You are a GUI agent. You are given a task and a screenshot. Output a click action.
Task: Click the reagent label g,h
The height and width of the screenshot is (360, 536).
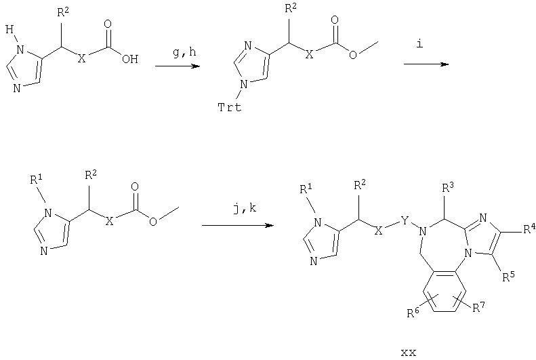(184, 53)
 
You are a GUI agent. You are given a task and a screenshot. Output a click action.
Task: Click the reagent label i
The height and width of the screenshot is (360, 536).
(419, 43)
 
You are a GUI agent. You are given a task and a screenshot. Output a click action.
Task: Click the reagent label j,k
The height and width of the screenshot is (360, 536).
(244, 208)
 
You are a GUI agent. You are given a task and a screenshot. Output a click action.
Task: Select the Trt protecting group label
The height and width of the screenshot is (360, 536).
(230, 107)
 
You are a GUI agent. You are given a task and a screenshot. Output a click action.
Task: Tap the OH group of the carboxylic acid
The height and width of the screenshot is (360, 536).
(130, 60)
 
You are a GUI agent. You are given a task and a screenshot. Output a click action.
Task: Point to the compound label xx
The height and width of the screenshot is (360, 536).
(409, 352)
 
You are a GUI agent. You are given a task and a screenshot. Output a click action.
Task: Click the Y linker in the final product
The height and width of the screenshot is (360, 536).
(405, 221)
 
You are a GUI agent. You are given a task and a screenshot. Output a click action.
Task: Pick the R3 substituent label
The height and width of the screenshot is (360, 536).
(449, 187)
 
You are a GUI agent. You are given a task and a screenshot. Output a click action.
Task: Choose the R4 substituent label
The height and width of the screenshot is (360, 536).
(529, 228)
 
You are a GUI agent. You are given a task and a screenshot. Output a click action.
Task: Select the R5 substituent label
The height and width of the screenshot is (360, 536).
(508, 277)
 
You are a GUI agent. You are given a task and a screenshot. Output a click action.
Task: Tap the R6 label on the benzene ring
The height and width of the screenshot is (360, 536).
(413, 313)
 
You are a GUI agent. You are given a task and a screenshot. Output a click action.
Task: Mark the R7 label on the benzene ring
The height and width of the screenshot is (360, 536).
(479, 308)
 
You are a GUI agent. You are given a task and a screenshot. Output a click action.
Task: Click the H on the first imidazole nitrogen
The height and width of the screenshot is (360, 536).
(9, 30)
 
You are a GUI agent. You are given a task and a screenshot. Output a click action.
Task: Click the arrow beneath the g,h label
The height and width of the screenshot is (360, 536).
(178, 66)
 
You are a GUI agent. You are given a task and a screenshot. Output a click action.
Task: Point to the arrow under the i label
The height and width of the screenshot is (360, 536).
(426, 64)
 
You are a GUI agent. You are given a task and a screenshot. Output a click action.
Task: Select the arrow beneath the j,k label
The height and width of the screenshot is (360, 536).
(238, 225)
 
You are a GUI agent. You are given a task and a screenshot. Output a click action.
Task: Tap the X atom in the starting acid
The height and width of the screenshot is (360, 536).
(81, 59)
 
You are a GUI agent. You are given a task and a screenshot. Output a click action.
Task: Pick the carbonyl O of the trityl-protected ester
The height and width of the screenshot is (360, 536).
(335, 20)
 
